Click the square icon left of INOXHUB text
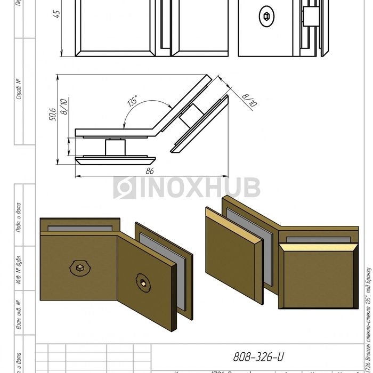click(125, 188)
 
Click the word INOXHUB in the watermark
click(200, 188)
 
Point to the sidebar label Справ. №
click(19, 90)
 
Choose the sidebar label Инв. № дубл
click(19, 268)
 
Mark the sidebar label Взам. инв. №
click(19, 315)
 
